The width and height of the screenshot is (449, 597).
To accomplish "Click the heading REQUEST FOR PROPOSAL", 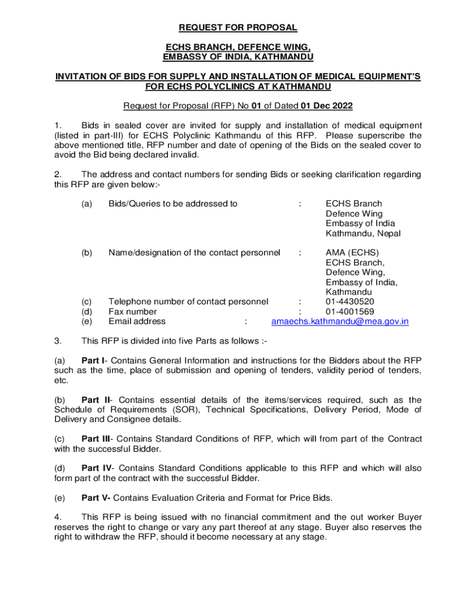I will [x=237, y=27].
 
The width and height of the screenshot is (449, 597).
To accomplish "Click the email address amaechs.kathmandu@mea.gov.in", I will [x=340, y=321].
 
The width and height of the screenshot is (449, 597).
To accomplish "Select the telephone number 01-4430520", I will [x=350, y=301].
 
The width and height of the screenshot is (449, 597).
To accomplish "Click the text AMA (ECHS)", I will [x=352, y=252].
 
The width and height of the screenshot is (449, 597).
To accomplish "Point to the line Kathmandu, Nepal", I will [x=363, y=234].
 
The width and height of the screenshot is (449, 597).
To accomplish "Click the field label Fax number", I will [x=132, y=311].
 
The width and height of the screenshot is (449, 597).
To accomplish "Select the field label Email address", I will [x=137, y=321].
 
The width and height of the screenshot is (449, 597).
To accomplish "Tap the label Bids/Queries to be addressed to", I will [x=173, y=203].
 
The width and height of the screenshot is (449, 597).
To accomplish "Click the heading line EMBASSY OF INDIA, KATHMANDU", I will [x=237, y=57].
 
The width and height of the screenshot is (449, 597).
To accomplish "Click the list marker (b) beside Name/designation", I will [x=87, y=252].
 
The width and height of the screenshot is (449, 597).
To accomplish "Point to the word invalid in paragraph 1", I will [x=185, y=155].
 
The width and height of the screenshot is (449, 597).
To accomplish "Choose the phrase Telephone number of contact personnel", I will [x=188, y=301].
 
